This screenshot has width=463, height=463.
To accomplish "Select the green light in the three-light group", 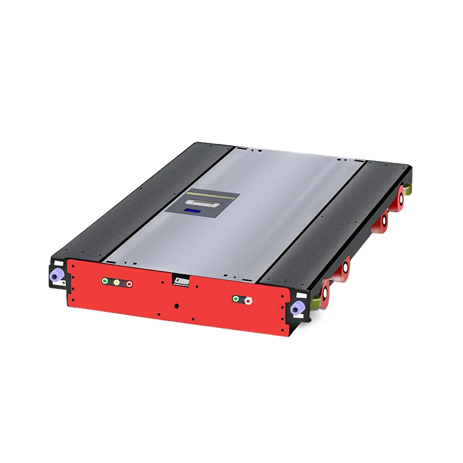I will pyautogui.click(x=105, y=282).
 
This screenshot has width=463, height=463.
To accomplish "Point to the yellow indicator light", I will pyautogui.click(x=117, y=283).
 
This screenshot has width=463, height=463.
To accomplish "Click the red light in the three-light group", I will pyautogui.click(x=129, y=284).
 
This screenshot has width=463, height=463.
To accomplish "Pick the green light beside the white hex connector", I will pyautogui.click(x=236, y=299).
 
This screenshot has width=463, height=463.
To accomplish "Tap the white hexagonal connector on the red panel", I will pyautogui.click(x=248, y=300).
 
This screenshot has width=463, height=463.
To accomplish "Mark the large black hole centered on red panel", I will pyautogui.click(x=177, y=306).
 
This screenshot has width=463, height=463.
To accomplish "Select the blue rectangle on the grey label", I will pyautogui.click(x=194, y=211).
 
